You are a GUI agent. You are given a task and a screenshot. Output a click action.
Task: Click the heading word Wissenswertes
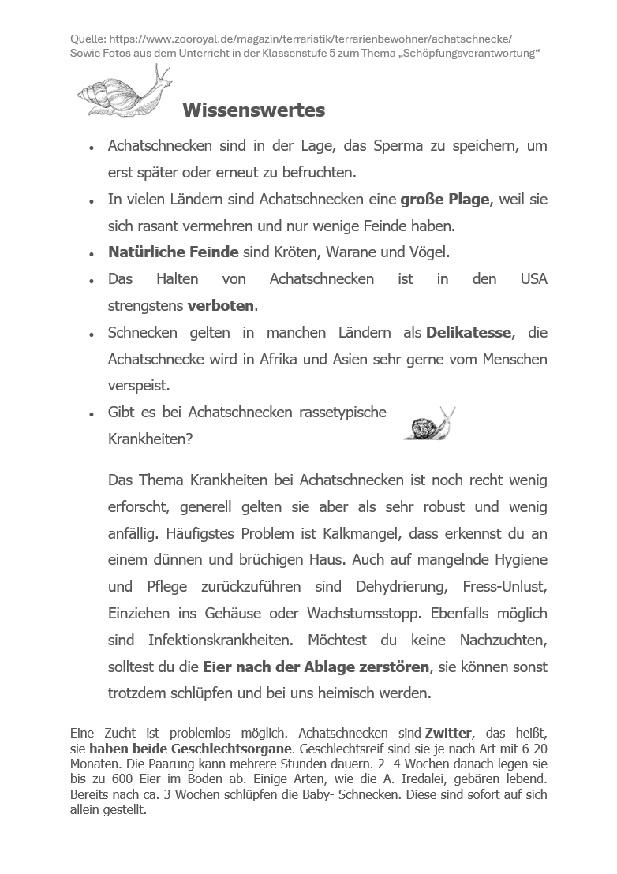(x=253, y=110)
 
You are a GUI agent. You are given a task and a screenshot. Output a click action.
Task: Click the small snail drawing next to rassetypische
(x=429, y=424)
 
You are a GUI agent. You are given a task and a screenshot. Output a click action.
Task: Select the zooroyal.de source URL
(x=310, y=38)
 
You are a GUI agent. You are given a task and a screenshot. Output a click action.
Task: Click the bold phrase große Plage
(x=445, y=200)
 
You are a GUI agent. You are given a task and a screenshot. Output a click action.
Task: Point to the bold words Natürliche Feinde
(x=174, y=252)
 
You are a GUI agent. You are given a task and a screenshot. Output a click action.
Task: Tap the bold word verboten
(x=221, y=305)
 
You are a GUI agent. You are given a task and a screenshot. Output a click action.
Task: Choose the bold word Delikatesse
(x=469, y=333)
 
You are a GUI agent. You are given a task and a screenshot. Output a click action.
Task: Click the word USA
(x=533, y=279)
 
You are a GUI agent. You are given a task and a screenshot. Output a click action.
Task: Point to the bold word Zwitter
(x=448, y=733)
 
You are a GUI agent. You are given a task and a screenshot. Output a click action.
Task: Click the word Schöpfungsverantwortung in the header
(x=454, y=53)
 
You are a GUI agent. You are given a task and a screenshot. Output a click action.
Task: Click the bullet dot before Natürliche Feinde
(x=92, y=254)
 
